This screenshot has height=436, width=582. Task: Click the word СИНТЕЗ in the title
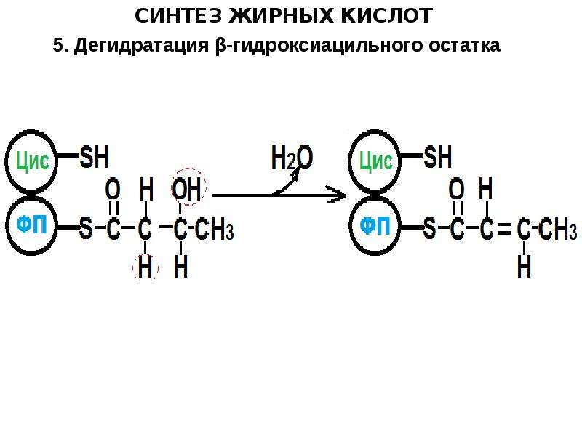tap(178, 16)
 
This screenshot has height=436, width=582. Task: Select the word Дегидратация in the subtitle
tap(141, 46)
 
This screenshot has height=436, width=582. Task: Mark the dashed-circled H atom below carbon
tap(145, 267)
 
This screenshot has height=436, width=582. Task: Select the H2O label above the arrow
tap(292, 158)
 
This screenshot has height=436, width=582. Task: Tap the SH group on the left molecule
tap(95, 157)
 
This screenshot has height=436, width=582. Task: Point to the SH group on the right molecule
tap(438, 157)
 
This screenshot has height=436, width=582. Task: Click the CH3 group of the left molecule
tap(214, 229)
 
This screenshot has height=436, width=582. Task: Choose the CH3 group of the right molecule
tap(558, 229)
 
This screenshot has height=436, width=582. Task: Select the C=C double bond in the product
tap(504, 229)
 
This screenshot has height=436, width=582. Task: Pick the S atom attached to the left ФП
tap(86, 228)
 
